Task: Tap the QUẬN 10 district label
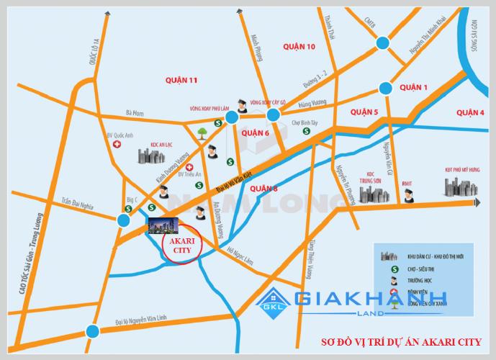point(299,47)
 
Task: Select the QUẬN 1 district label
point(414,87)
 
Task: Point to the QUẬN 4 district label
point(470,112)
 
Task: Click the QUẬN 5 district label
point(364,112)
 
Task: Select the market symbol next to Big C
point(127,208)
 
